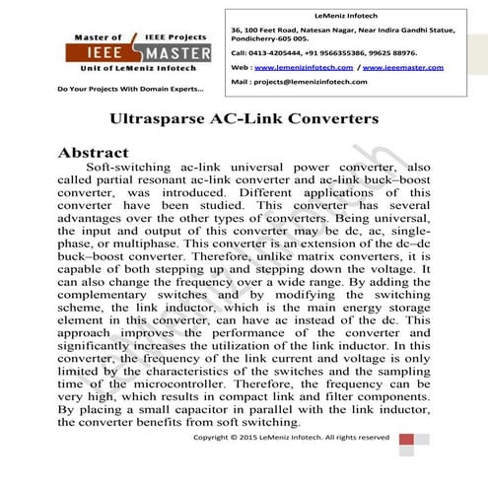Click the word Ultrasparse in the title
click(171, 118)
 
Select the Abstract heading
click(94, 154)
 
